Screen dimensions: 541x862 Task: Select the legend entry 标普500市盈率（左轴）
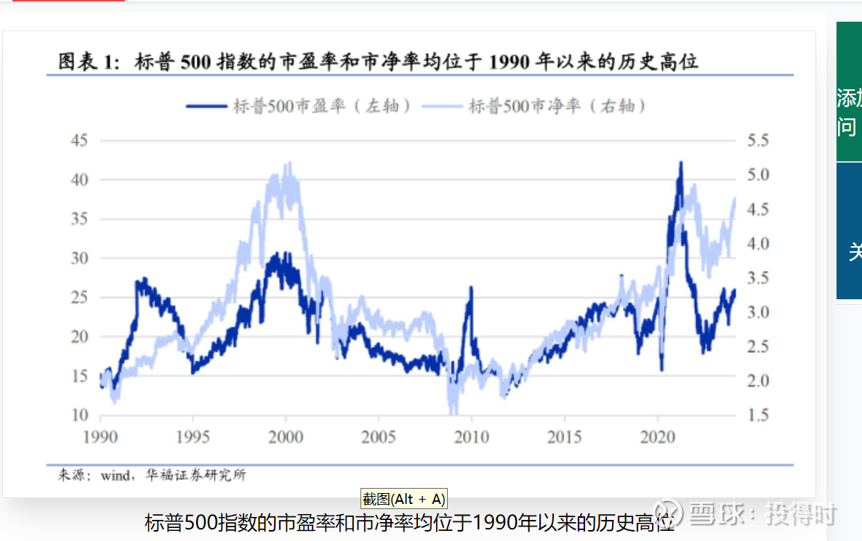tap(300, 106)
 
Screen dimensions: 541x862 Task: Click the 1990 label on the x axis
tap(100, 436)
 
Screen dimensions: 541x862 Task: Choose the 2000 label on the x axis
tap(286, 436)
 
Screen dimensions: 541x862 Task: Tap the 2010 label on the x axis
tap(471, 436)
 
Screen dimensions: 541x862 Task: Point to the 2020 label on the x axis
tap(657, 436)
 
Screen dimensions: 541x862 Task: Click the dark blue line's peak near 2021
tap(680, 163)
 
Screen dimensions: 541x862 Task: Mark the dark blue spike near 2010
tap(470, 288)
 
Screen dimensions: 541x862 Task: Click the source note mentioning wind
tap(152, 476)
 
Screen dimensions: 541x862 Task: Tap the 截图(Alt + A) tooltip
tap(403, 499)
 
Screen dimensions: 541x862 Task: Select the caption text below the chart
tap(409, 523)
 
